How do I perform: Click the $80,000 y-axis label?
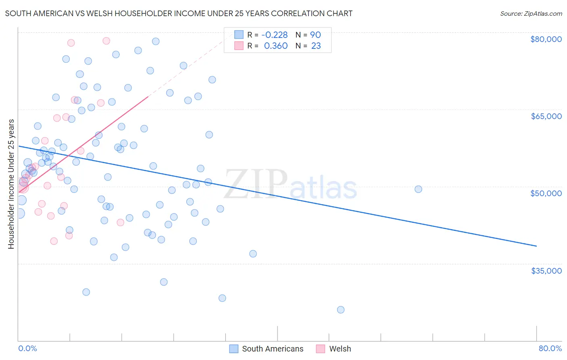pos(546,39)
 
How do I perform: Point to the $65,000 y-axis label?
pos(546,116)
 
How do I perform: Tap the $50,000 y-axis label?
pos(546,193)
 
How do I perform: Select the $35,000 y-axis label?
pos(546,271)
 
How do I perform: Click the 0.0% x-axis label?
pos(27,348)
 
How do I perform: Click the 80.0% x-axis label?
pos(550,348)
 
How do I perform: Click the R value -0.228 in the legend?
pos(275,35)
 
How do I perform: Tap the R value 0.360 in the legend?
pos(276,46)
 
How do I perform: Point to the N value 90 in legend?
pos(315,35)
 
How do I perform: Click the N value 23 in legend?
pos(316,46)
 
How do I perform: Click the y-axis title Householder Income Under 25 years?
pos(11,184)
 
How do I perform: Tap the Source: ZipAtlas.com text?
pos(531,14)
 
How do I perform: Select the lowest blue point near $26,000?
pos(341,310)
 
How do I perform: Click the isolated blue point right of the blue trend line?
pos(418,189)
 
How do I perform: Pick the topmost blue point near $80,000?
pos(156,41)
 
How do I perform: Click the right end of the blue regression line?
pos(536,245)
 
